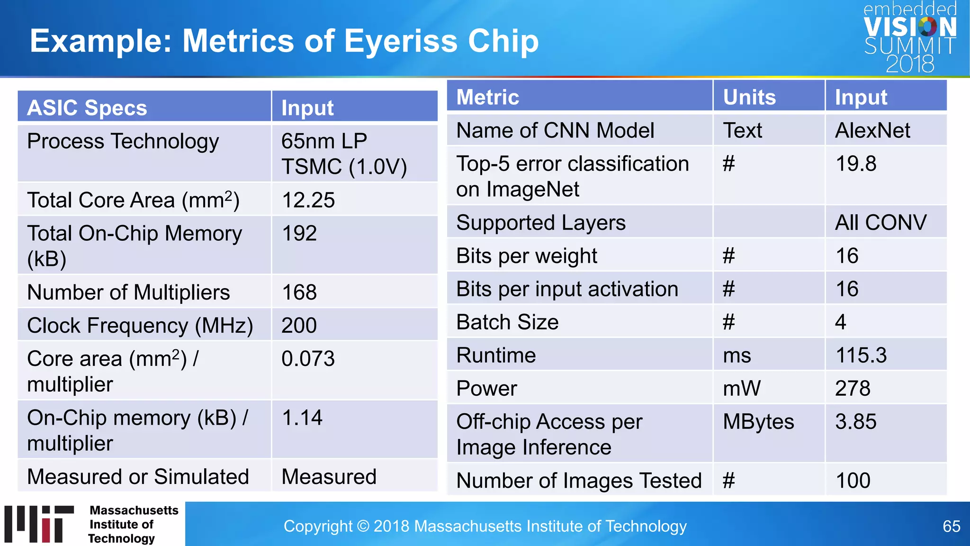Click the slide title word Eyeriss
pyautogui.click(x=401, y=41)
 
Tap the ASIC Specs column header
pyautogui.click(x=87, y=108)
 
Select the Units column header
pyautogui.click(x=749, y=97)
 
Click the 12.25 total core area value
pyautogui.click(x=308, y=200)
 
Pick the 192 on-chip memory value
pyautogui.click(x=299, y=233)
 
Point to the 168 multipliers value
pyautogui.click(x=299, y=292)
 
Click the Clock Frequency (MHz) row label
pyautogui.click(x=140, y=326)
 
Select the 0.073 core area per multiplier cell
pyautogui.click(x=308, y=359)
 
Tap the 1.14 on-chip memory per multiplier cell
pyautogui.click(x=302, y=418)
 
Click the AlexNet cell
pyautogui.click(x=872, y=130)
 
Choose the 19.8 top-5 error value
pyautogui.click(x=856, y=164)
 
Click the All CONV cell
pyautogui.click(x=880, y=223)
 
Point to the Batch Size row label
pyautogui.click(x=507, y=322)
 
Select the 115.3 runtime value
pyautogui.click(x=861, y=355)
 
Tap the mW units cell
pyautogui.click(x=742, y=389)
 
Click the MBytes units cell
pyautogui.click(x=758, y=422)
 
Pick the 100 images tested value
pyautogui.click(x=853, y=481)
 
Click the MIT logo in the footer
pyautogui.click(x=40, y=524)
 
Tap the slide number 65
pyautogui.click(x=951, y=526)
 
